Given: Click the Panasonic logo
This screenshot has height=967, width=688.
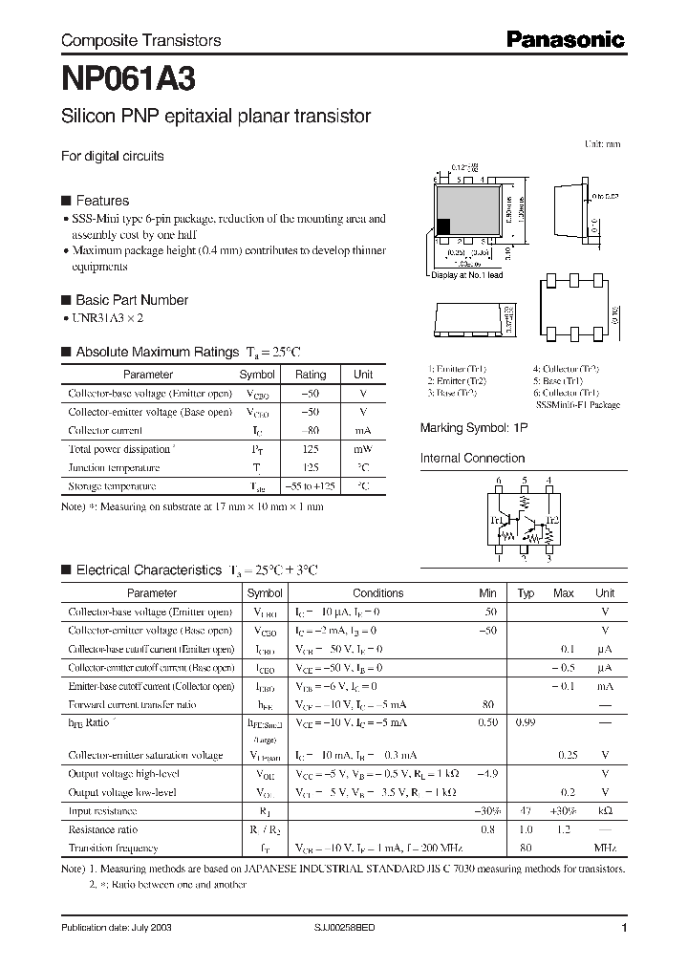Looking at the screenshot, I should pos(564,39).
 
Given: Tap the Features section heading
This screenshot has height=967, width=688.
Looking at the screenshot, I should pos(101,201).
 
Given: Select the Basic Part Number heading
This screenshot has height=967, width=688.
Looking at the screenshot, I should pos(131,300).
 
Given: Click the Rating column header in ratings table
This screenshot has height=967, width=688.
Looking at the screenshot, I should pos(310,375).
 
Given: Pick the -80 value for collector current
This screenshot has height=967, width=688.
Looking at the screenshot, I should pos(310,430).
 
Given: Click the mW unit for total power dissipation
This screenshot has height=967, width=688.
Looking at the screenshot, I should pos(363,449).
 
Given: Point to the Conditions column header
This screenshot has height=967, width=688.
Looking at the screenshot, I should pos(378,592).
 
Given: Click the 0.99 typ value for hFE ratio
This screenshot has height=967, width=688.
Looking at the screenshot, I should pos(526,722).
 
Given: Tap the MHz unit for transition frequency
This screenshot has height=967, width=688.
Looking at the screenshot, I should pos(605,848).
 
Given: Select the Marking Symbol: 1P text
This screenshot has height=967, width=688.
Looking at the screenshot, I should pos(474,428).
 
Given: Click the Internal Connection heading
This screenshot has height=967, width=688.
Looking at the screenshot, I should pos(473,458).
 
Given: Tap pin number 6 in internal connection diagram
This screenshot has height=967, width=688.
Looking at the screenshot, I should pos(498,481).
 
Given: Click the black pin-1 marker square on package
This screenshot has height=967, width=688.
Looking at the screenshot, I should pos(443,226).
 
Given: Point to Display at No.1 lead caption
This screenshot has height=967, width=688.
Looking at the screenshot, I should pos(467,275).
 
